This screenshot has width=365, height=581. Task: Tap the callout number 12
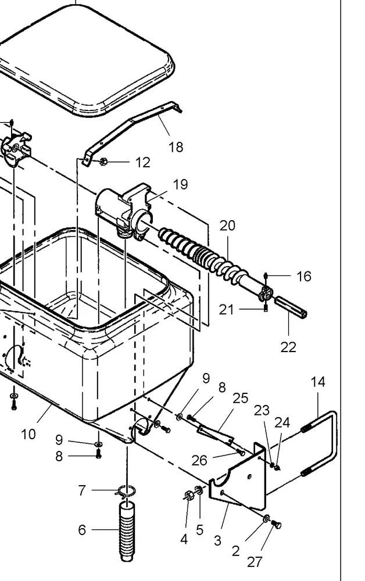tap(142, 163)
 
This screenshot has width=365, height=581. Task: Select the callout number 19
tap(180, 185)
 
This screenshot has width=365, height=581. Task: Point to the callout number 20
tap(227, 225)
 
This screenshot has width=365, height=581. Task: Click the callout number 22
tap(288, 347)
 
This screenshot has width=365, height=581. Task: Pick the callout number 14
tap(318, 382)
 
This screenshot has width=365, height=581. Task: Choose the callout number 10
tap(28, 433)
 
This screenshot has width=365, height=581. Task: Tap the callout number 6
tap(82, 530)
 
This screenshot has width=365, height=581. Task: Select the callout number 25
tap(240, 398)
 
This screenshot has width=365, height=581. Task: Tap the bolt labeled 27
tap(277, 525)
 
